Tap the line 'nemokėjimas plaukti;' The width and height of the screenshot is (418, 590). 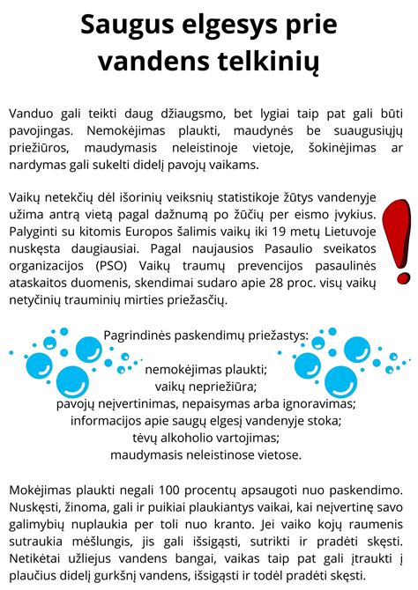(x=205, y=370)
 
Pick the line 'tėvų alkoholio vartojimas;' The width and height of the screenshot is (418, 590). (x=205, y=438)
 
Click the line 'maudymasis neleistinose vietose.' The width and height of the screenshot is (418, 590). (x=205, y=454)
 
